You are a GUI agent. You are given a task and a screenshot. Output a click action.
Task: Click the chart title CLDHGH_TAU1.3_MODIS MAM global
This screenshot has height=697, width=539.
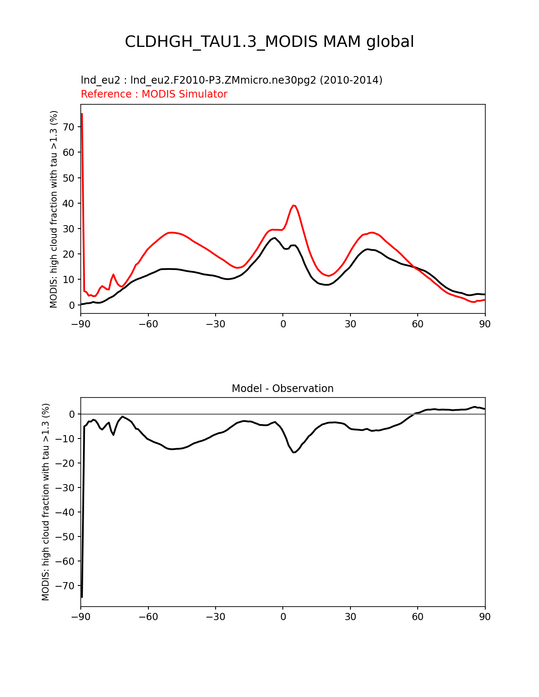(x=269, y=42)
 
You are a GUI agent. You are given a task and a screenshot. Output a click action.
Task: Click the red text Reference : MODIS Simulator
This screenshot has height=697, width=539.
(x=154, y=94)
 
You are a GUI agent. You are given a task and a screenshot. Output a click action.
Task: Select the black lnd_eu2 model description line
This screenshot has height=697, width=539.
(x=231, y=80)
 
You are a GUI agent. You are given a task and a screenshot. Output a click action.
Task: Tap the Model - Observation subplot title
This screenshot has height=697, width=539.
(x=282, y=389)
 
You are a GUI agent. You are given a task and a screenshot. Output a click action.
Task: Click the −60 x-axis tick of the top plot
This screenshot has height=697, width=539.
(x=148, y=324)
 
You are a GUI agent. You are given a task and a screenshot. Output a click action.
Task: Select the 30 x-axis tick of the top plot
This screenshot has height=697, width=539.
(x=350, y=324)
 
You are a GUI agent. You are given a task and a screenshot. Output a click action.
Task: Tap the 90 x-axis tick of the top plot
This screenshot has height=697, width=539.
(x=485, y=324)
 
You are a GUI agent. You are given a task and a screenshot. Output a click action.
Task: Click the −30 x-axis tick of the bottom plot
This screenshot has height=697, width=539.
(x=215, y=617)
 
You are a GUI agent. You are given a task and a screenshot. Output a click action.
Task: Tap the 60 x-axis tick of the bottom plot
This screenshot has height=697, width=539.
(x=417, y=617)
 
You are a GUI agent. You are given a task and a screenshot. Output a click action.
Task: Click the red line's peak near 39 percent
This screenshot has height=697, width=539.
(x=294, y=206)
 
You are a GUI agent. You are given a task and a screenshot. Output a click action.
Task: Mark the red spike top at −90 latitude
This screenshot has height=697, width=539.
(x=82, y=114)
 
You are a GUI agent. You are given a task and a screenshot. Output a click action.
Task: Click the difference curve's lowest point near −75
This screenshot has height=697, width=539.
(x=82, y=596)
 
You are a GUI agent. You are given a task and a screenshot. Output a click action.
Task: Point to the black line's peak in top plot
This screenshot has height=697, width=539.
(x=274, y=238)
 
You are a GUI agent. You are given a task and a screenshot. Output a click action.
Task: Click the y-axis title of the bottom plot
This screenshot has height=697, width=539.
(x=46, y=502)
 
